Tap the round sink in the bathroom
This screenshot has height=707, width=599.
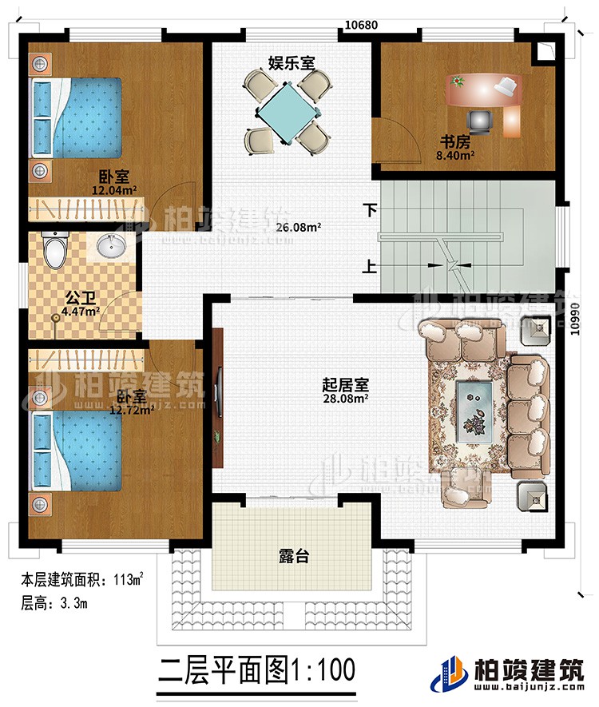coord(110,248)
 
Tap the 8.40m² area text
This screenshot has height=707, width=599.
coord(456,157)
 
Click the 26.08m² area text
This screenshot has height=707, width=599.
coord(299,227)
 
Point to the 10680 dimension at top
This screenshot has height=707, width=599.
coord(361,25)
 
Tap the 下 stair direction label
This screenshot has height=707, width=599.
coord(368,211)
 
